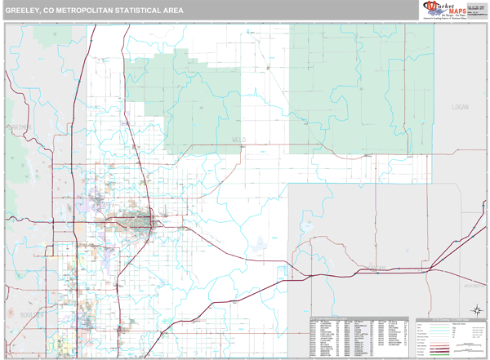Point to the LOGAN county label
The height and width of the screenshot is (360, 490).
coord(463,107)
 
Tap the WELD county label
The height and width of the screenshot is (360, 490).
coord(238,140)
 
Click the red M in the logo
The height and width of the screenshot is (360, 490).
coord(428,8)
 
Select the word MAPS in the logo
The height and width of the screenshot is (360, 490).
coord(451,9)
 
